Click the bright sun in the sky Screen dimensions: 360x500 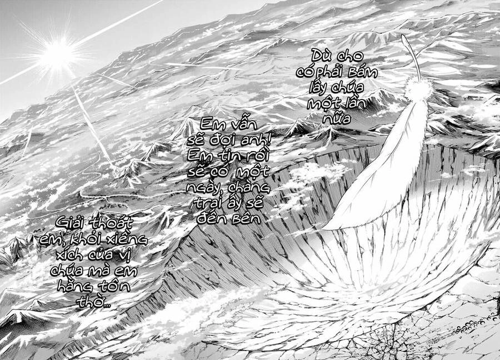coord(58,54)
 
